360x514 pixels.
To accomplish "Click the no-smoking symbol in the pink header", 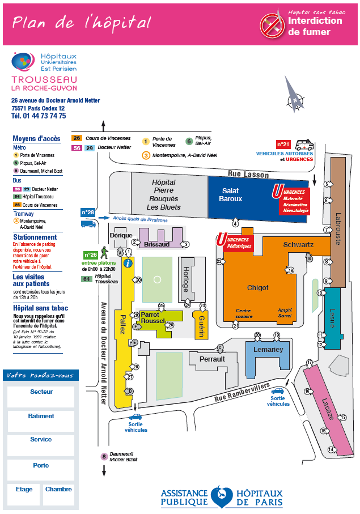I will click(x=272, y=26).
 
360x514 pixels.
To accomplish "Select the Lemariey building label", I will click(x=268, y=350).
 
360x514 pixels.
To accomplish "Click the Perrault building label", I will click(x=212, y=359).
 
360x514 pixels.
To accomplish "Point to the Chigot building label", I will click(x=257, y=287).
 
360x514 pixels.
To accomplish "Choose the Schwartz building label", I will click(x=298, y=244).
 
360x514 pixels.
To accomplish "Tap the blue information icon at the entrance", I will click(x=128, y=262).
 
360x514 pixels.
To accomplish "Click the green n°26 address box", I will click(x=91, y=255).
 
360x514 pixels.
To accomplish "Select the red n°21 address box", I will click(x=283, y=144).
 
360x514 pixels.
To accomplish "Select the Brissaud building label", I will click(x=156, y=244).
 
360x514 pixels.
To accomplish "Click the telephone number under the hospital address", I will click(x=39, y=116).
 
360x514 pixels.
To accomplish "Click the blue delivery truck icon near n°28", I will click(x=88, y=224).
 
